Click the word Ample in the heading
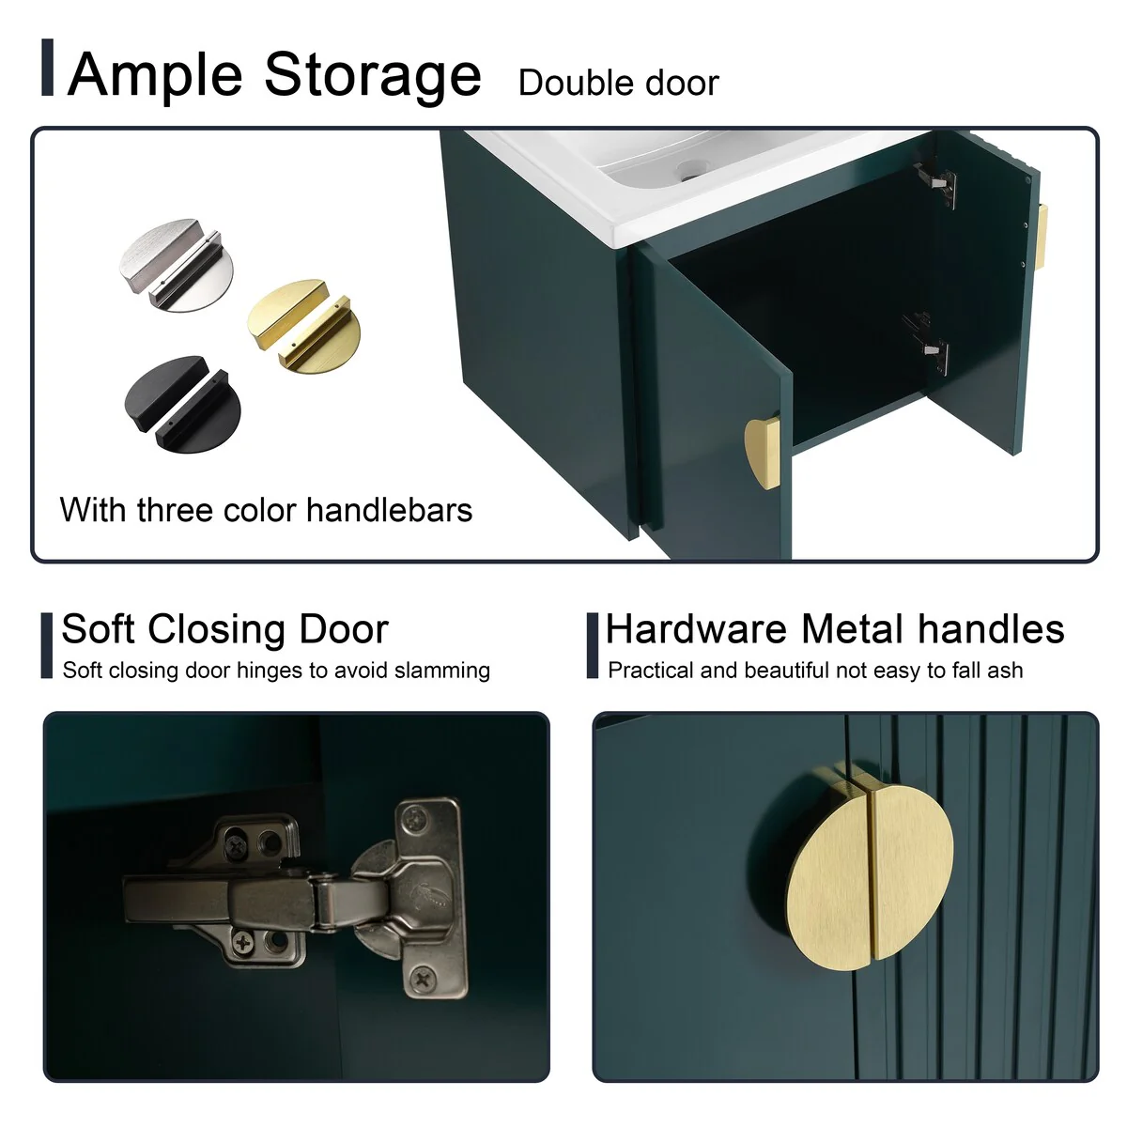click(x=154, y=76)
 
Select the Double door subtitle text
click(x=618, y=83)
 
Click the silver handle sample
click(x=177, y=265)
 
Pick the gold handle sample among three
click(x=304, y=325)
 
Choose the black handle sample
click(x=182, y=404)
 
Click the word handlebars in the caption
click(x=389, y=510)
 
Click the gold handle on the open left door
click(x=763, y=453)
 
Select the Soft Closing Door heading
click(x=225, y=630)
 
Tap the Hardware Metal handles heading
click(x=835, y=630)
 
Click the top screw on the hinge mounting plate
click(x=416, y=815)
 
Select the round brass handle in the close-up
click(x=870, y=878)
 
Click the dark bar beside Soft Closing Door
click(x=47, y=645)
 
